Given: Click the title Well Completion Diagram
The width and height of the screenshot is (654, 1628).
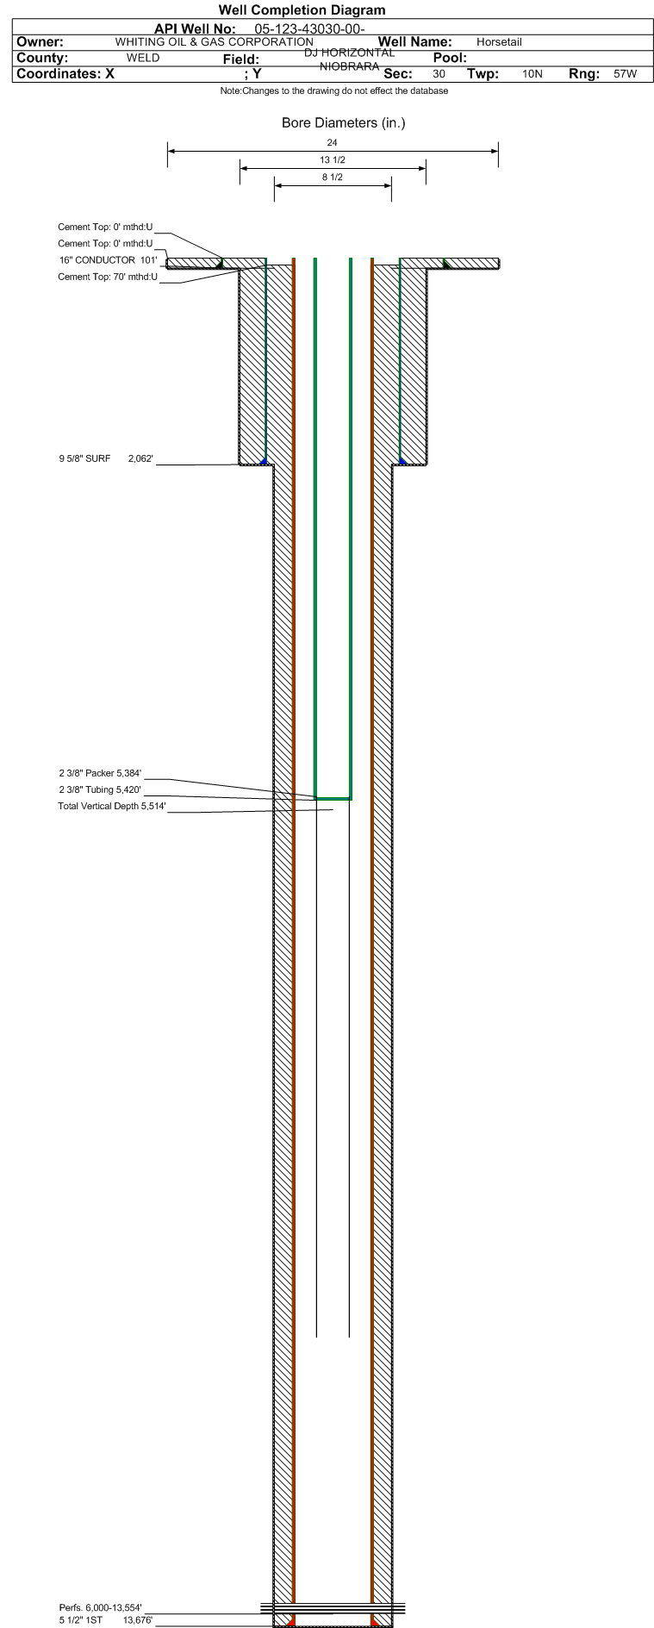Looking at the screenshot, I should click(x=302, y=10).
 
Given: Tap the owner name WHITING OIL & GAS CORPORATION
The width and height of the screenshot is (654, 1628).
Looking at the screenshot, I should click(x=215, y=42).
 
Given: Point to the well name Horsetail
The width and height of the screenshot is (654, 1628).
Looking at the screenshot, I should click(x=499, y=42).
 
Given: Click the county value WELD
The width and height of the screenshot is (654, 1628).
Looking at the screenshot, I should click(x=143, y=59).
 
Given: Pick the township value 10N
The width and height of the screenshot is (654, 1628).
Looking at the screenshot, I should click(x=533, y=74).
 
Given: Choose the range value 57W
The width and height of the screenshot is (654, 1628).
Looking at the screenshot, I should click(x=626, y=74).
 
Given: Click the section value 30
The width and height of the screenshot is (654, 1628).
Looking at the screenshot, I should click(x=439, y=74).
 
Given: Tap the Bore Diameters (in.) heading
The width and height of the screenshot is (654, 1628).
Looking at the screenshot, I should click(x=343, y=123).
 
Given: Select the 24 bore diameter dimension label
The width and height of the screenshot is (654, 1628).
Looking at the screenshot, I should click(x=332, y=143).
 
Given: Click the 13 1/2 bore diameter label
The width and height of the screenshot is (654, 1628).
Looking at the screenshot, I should click(x=333, y=160).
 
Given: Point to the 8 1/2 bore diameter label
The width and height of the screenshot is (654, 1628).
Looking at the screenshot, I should click(x=333, y=178).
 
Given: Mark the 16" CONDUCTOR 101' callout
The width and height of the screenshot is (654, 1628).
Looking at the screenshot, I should click(x=108, y=260).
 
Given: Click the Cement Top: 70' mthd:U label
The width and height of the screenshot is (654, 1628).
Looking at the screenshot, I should click(x=108, y=277).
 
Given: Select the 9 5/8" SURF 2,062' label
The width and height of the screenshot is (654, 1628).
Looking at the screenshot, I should click(x=106, y=458).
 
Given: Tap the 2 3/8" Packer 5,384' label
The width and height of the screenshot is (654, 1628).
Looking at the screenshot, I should click(x=100, y=773).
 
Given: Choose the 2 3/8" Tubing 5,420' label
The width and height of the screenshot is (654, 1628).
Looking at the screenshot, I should click(x=100, y=789).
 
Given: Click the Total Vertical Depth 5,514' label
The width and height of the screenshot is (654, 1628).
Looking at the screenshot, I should click(x=112, y=806).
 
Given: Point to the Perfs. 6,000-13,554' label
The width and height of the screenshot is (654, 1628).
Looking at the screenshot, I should click(x=100, y=1607).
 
